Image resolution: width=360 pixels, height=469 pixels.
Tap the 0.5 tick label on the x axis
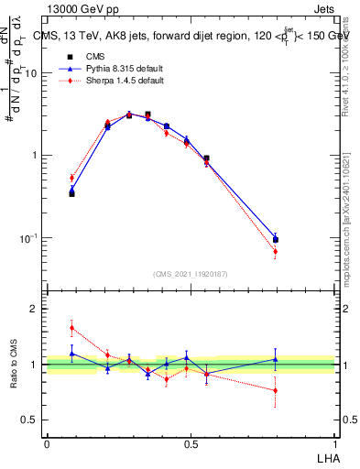tap(191, 443)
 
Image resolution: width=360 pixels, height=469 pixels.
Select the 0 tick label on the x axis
tap(47, 443)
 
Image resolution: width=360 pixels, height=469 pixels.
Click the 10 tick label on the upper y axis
tap(31, 73)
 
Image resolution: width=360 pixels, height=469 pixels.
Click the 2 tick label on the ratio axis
tap(34, 310)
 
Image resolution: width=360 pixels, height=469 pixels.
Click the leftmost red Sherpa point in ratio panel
tap(71, 328)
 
